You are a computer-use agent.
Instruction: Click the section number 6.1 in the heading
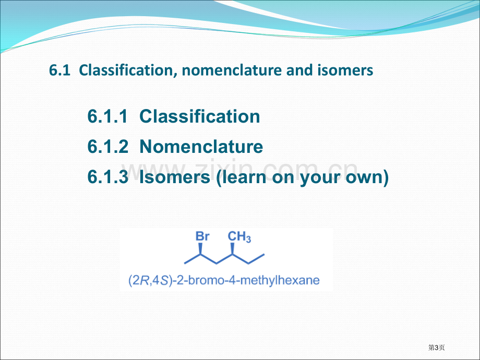[x=59, y=70]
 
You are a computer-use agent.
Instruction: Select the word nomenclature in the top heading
[x=232, y=70]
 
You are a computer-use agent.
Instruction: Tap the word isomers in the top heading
[x=345, y=70]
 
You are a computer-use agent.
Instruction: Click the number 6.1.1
[x=107, y=116]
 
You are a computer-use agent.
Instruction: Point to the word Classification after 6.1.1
[x=200, y=116]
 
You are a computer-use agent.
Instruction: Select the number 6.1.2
[x=108, y=146]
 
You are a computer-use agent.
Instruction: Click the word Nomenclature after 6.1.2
[x=201, y=146]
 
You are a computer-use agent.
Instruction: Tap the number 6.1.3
[x=108, y=177]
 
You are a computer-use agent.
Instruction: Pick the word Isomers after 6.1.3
[x=175, y=177]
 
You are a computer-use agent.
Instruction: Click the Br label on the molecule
[x=202, y=236]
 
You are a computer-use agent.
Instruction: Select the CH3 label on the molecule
[x=239, y=237]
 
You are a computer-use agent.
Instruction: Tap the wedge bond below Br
[x=200, y=249]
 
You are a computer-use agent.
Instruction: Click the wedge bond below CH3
[x=232, y=249]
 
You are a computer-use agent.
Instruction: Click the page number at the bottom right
[x=437, y=347]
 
